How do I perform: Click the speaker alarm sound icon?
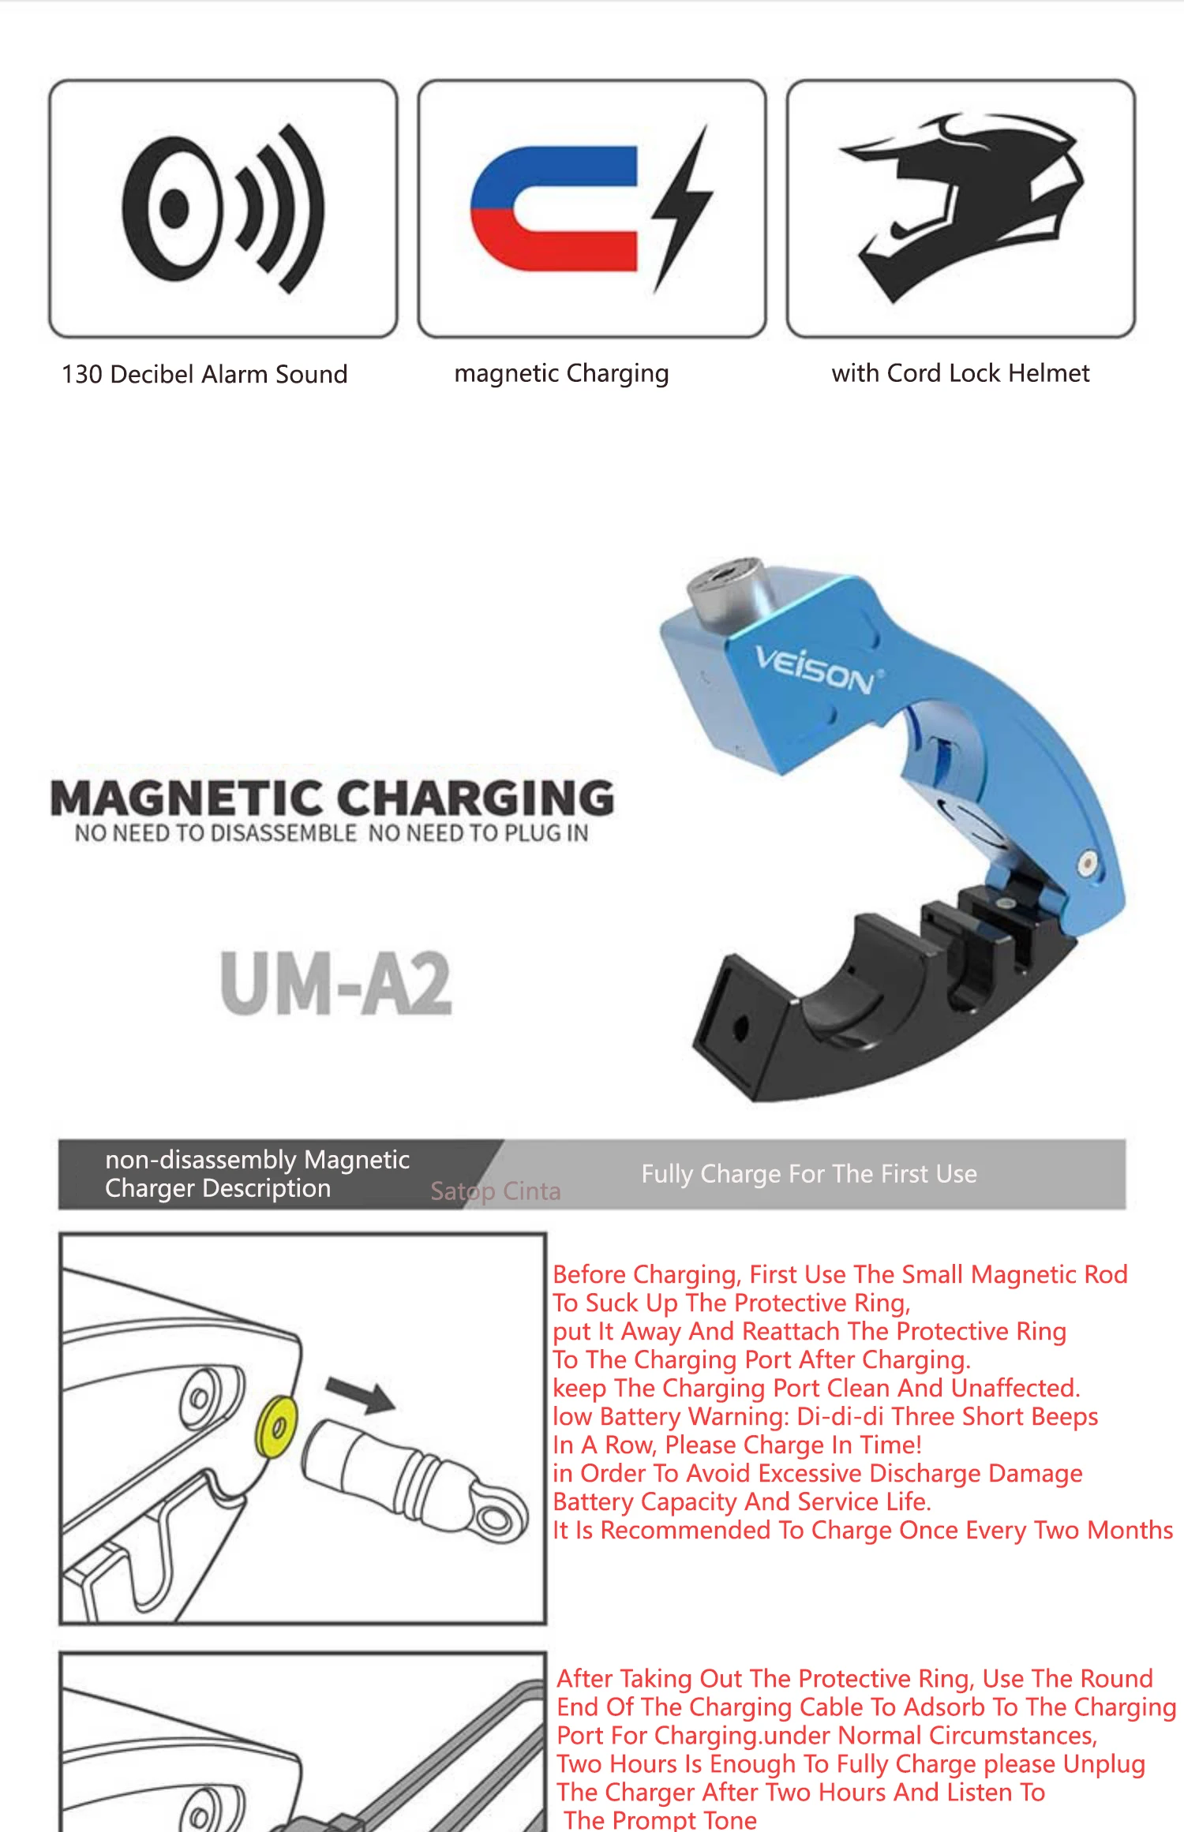point(223,209)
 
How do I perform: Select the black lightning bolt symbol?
point(683,207)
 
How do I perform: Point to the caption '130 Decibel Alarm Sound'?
point(204,374)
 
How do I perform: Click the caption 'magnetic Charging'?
point(561,373)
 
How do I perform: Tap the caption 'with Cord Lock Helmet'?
point(960,373)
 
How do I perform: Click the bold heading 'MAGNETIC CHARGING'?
point(332,798)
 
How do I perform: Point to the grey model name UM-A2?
point(336,983)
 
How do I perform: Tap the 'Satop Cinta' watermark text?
point(496,1191)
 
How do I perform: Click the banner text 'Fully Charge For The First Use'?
point(809,1174)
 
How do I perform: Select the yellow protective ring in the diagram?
point(277,1426)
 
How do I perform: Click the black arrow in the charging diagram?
point(361,1395)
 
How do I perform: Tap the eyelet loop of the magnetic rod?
point(497,1515)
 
